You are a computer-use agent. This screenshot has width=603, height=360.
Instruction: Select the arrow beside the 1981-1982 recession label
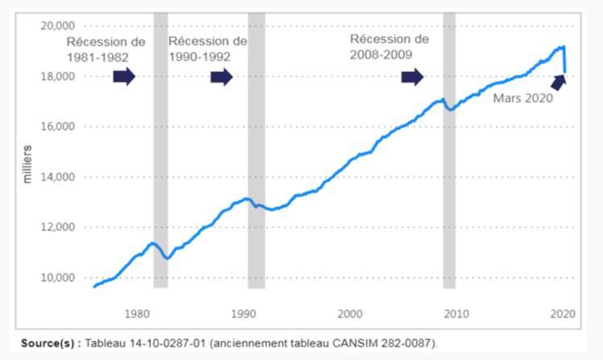pos(124,77)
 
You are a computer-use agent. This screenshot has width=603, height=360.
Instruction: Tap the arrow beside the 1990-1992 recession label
pos(221,77)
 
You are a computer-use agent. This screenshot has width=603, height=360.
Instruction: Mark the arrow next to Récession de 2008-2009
pos(411,77)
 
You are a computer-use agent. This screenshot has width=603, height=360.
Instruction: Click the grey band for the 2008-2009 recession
pos(449,201)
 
